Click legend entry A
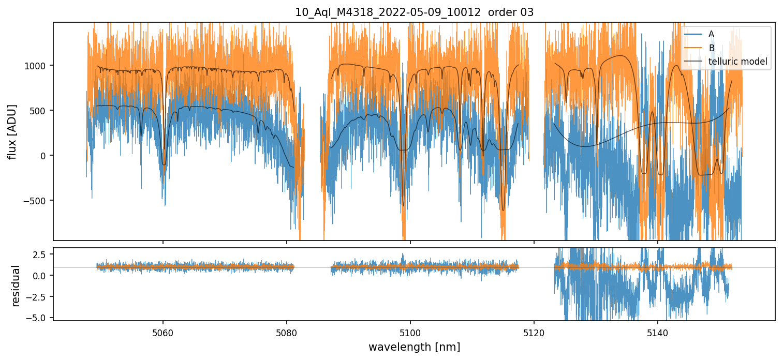711,34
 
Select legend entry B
711,48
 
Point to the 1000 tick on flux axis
38,66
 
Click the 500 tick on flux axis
41,111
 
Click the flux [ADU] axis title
11,131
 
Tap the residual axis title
16,285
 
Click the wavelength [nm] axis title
414,347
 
